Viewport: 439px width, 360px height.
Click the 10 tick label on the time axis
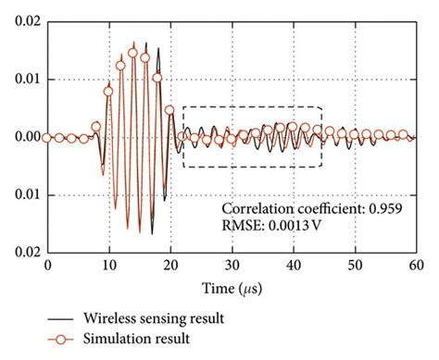point(109,264)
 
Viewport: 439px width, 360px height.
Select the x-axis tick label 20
point(170,264)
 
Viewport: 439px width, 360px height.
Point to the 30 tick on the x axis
point(232,264)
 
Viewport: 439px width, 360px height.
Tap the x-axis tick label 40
point(294,264)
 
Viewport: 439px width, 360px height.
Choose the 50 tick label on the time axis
point(355,264)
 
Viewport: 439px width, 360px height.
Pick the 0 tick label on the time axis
point(48,264)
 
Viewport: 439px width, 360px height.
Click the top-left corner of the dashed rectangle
point(183,107)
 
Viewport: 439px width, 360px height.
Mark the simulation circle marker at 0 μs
point(48,137)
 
